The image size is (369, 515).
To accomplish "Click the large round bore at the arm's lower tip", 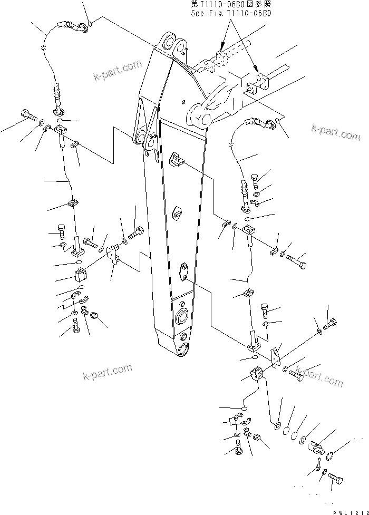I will click(186, 350).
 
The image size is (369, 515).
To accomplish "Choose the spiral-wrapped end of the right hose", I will click(259, 122).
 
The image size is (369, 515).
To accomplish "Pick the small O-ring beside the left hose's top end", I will click(90, 23).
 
